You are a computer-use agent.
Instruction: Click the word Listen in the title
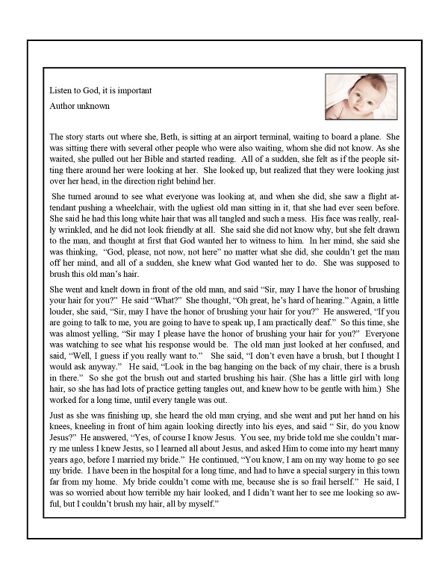pos(60,90)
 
